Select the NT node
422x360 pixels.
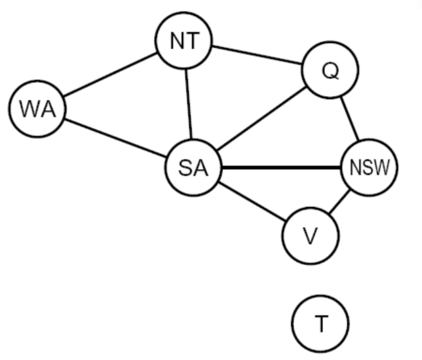coord(184,40)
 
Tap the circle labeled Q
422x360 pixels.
coord(330,71)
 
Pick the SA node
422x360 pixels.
coord(193,168)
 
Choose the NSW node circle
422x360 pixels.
coord(369,167)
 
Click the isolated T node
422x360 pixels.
coord(321,323)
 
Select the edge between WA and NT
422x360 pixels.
coord(111,75)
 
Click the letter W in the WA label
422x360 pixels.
coord(29,110)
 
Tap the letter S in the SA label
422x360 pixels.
coord(186,169)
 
